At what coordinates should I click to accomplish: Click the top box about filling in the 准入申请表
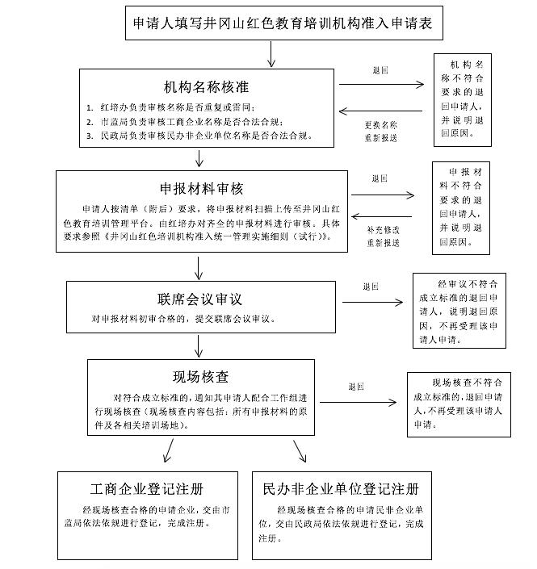pos(283,24)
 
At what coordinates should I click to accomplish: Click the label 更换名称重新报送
pos(380,131)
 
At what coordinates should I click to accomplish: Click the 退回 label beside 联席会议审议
pos(371,287)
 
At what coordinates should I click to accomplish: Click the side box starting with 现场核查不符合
pos(458,403)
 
